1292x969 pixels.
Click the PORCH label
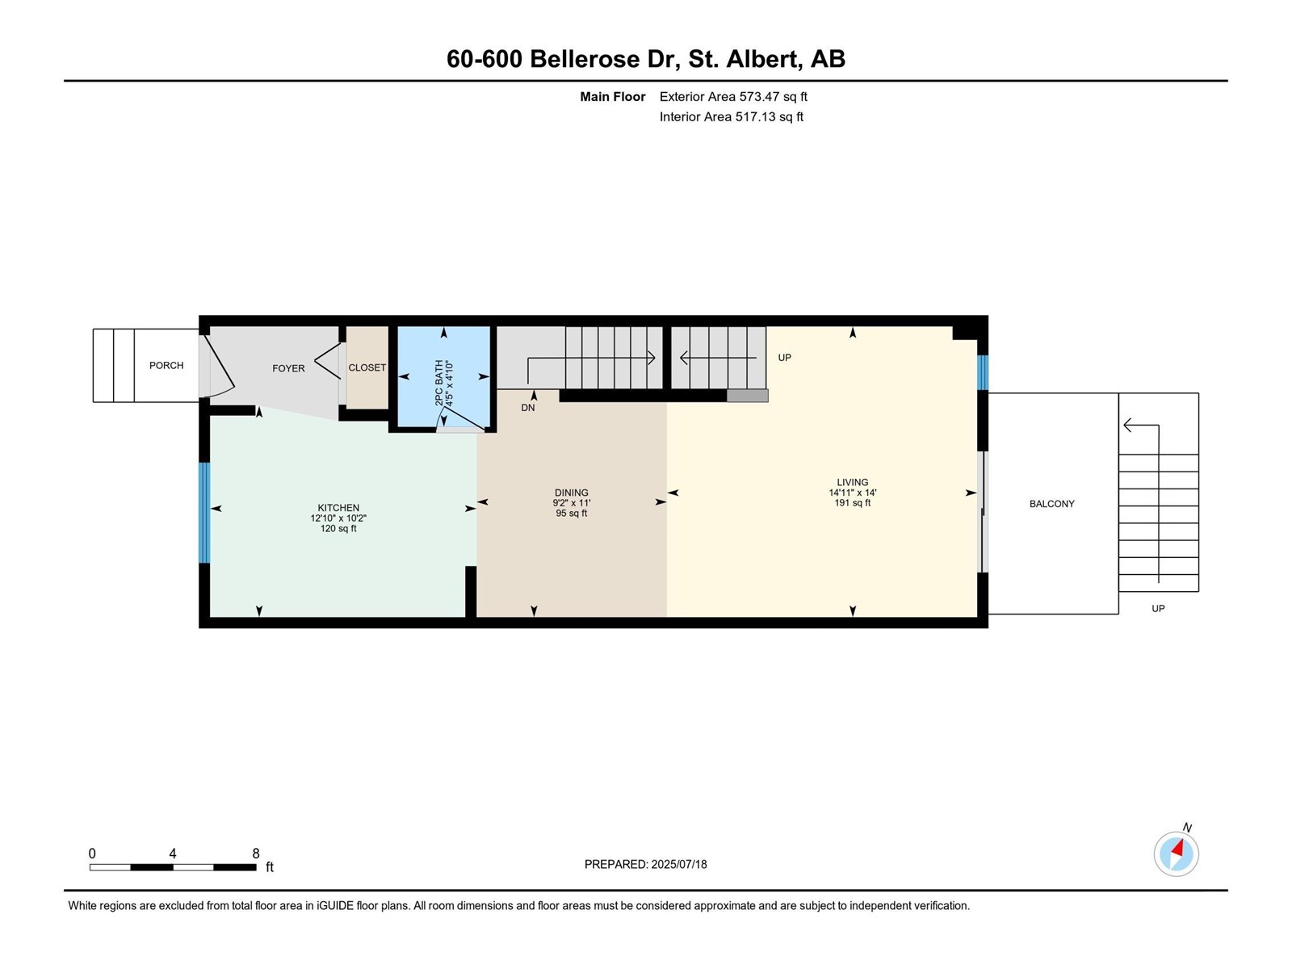click(166, 366)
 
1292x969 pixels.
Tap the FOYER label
click(288, 368)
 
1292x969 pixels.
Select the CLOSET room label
click(367, 367)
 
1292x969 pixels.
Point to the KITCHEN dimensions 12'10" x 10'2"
click(338, 518)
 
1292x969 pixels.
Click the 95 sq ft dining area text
click(572, 514)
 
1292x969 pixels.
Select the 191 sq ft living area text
click(853, 503)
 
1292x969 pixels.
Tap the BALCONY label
click(1051, 504)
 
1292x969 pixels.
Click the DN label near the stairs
click(528, 408)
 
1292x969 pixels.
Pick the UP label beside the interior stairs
click(784, 358)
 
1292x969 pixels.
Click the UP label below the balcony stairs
click(1158, 609)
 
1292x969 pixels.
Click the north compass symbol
click(1177, 853)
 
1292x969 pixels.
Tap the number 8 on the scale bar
click(256, 854)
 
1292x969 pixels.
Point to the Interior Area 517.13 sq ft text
click(731, 117)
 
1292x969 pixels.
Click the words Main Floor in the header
click(613, 97)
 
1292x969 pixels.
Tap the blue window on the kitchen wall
click(204, 513)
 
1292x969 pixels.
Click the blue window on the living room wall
click(983, 373)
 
